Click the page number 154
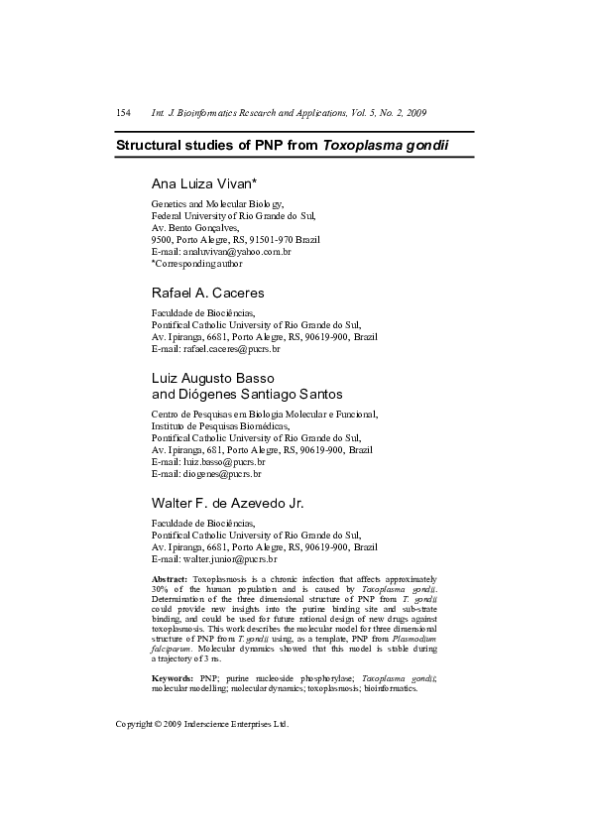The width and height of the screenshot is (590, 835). pyautogui.click(x=124, y=114)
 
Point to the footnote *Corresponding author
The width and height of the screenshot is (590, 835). pyautogui.click(x=196, y=264)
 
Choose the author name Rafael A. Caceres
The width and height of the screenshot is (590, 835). pyautogui.click(x=207, y=294)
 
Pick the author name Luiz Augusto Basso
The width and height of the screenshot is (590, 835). pyautogui.click(x=212, y=379)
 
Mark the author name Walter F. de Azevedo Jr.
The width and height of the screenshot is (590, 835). pyautogui.click(x=227, y=504)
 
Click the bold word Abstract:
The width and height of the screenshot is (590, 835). pyautogui.click(x=170, y=577)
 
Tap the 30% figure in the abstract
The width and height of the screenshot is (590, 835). pyautogui.click(x=161, y=588)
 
